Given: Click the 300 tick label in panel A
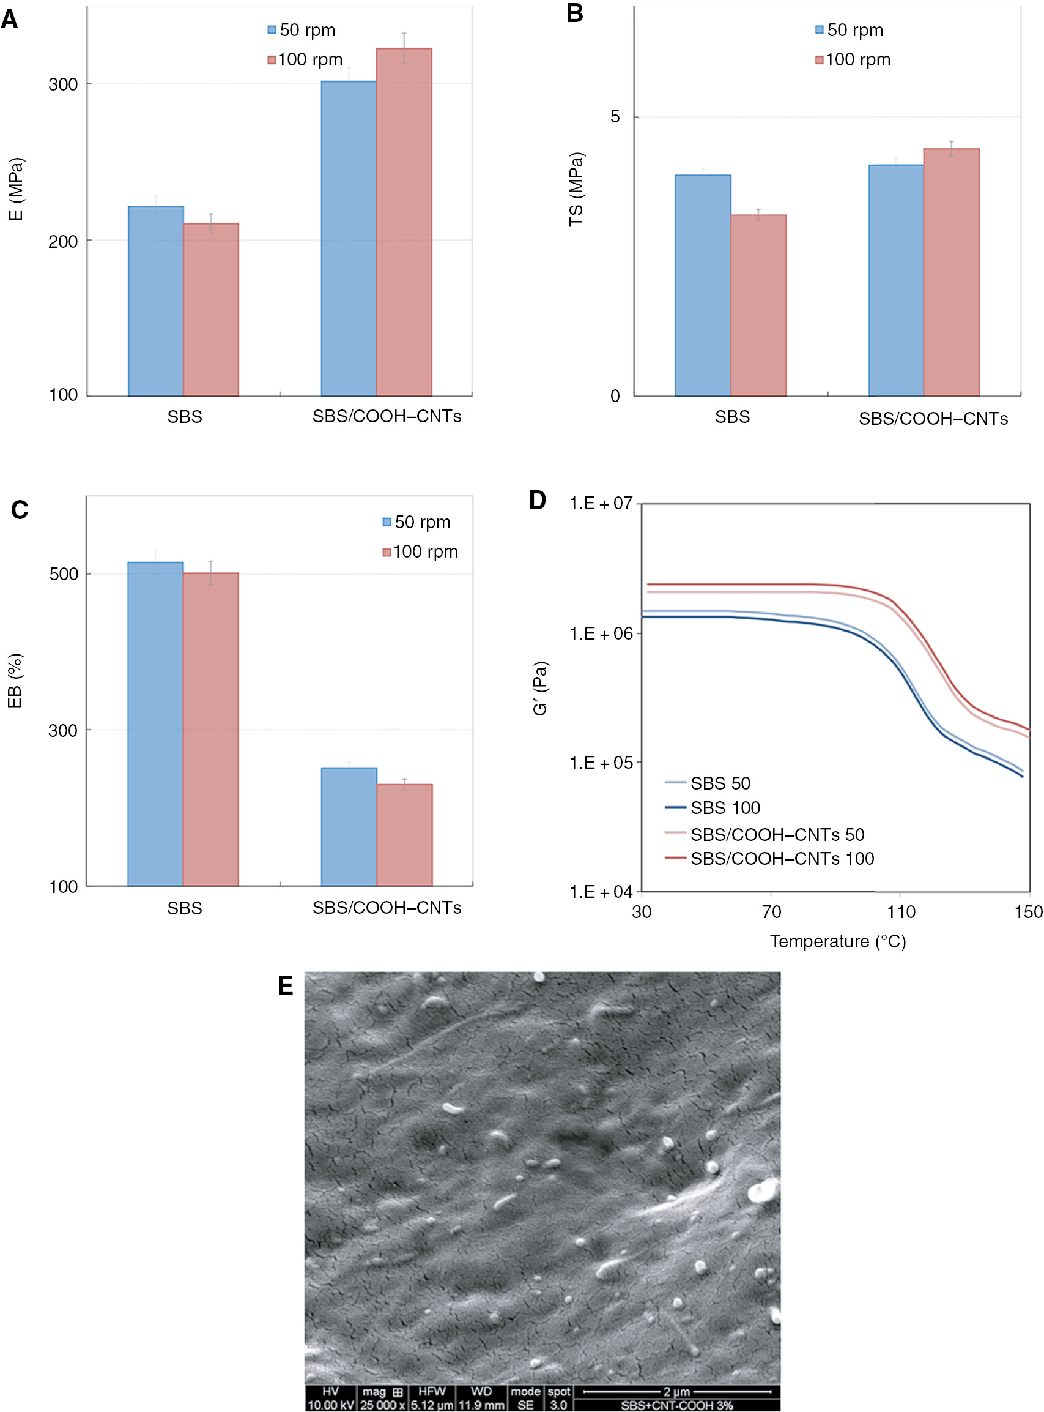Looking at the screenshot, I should click(62, 84).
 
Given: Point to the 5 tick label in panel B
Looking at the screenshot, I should click(615, 117).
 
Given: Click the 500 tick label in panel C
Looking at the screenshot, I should click(63, 573).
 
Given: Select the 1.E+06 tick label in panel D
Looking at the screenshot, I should click(601, 633).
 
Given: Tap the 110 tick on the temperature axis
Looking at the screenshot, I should click(900, 912).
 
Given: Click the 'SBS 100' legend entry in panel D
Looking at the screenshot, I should click(725, 807).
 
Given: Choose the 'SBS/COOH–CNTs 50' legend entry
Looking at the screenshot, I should click(777, 835).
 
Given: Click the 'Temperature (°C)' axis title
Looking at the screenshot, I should click(837, 941).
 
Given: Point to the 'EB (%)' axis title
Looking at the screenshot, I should click(15, 681).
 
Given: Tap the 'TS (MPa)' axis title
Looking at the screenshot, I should click(576, 189).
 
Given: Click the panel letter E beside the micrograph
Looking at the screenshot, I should click(285, 986).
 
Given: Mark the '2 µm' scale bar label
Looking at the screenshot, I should click(676, 1391).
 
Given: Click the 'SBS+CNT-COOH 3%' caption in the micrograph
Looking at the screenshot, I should click(676, 1405).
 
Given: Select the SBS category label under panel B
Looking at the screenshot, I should click(732, 417).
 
